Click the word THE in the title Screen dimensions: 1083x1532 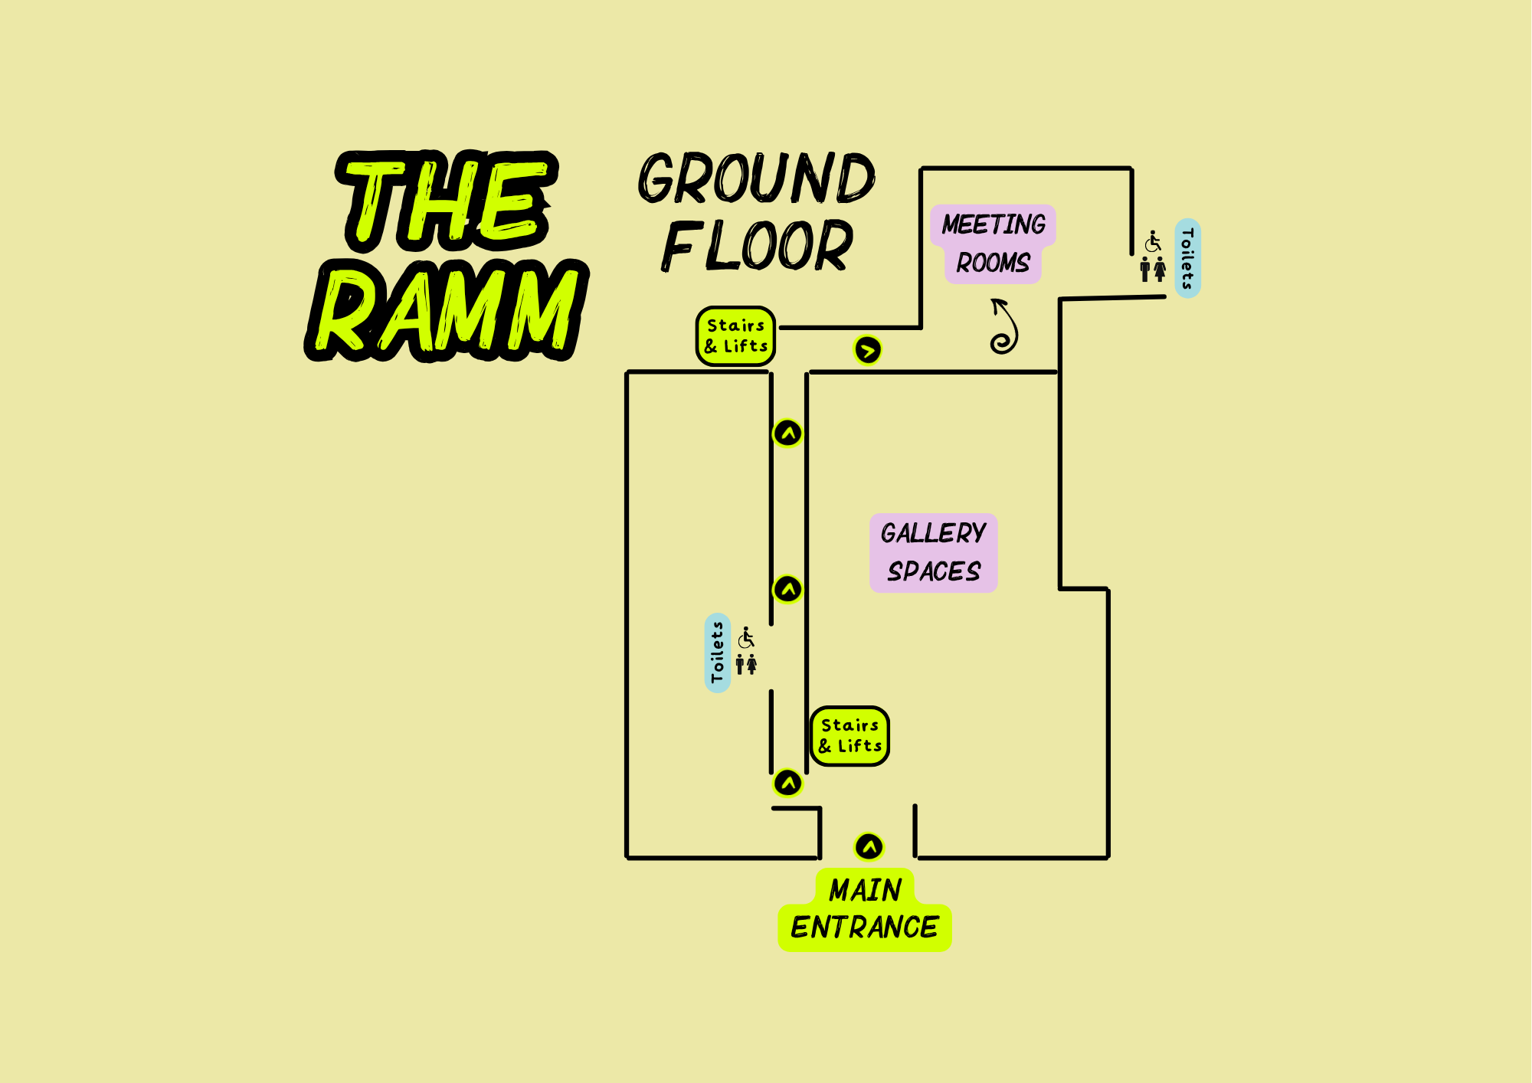(447, 201)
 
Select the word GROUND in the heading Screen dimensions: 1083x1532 (757, 178)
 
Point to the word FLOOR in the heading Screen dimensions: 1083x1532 (757, 246)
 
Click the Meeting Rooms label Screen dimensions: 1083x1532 (993, 244)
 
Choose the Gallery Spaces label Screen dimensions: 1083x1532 (933, 552)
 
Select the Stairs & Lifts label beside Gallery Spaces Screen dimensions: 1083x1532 (849, 736)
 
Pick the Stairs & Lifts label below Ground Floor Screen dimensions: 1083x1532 (735, 336)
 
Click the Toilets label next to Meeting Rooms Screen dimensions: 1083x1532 (1187, 258)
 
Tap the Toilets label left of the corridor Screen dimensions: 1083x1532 (717, 653)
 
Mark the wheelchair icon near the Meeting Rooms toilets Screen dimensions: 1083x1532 (1153, 241)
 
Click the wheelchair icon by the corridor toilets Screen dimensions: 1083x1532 (746, 637)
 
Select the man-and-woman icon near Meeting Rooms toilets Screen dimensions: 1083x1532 (1153, 269)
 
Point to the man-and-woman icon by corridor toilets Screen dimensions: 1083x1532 (746, 664)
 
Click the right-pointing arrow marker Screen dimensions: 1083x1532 (867, 351)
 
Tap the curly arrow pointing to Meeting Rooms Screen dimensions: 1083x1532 (1004, 327)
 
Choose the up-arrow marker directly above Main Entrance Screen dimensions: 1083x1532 (869, 846)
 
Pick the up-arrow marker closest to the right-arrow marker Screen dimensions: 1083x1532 (787, 434)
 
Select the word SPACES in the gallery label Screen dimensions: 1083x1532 (934, 571)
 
